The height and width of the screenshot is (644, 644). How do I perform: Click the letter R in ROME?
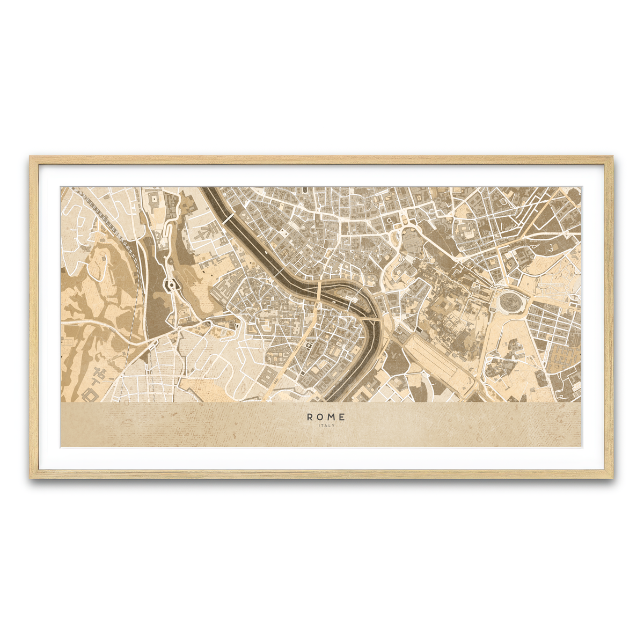[310, 417]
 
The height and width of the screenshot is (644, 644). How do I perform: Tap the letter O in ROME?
[320, 417]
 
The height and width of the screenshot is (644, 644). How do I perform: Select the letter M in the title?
[332, 417]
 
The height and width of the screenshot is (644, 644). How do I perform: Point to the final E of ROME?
[342, 417]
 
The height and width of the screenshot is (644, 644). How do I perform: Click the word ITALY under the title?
[326, 426]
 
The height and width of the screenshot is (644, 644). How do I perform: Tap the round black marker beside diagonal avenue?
[309, 346]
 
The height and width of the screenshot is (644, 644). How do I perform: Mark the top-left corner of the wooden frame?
[31, 157]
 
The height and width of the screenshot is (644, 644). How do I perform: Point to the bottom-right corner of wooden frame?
[612, 478]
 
